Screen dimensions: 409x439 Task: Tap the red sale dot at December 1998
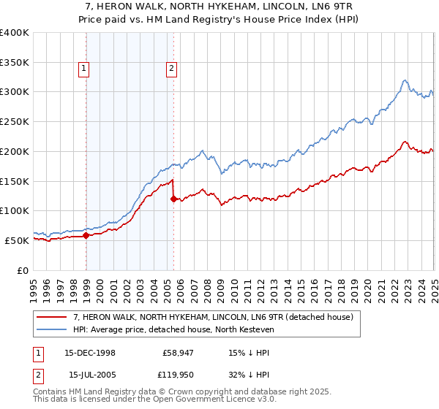[x=86, y=235]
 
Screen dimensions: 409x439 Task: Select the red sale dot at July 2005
[x=173, y=199]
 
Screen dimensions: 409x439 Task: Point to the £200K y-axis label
[x=15, y=151]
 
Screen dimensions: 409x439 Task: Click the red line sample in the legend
[x=51, y=317]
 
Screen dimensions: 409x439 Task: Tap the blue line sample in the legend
[x=51, y=329]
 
